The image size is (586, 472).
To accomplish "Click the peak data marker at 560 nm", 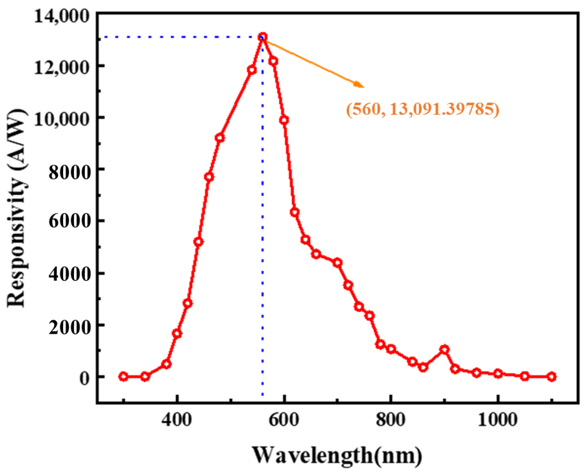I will point(263,37).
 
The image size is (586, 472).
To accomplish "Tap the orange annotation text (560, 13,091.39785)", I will point(423,110).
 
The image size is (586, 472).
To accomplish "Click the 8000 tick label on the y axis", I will point(69,172).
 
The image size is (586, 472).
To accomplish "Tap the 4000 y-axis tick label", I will point(69,274).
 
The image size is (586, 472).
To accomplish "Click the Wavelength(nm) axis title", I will point(337,455).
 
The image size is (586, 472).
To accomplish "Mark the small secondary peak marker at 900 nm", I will point(444,349).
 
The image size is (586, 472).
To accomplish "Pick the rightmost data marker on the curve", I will point(551,377).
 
